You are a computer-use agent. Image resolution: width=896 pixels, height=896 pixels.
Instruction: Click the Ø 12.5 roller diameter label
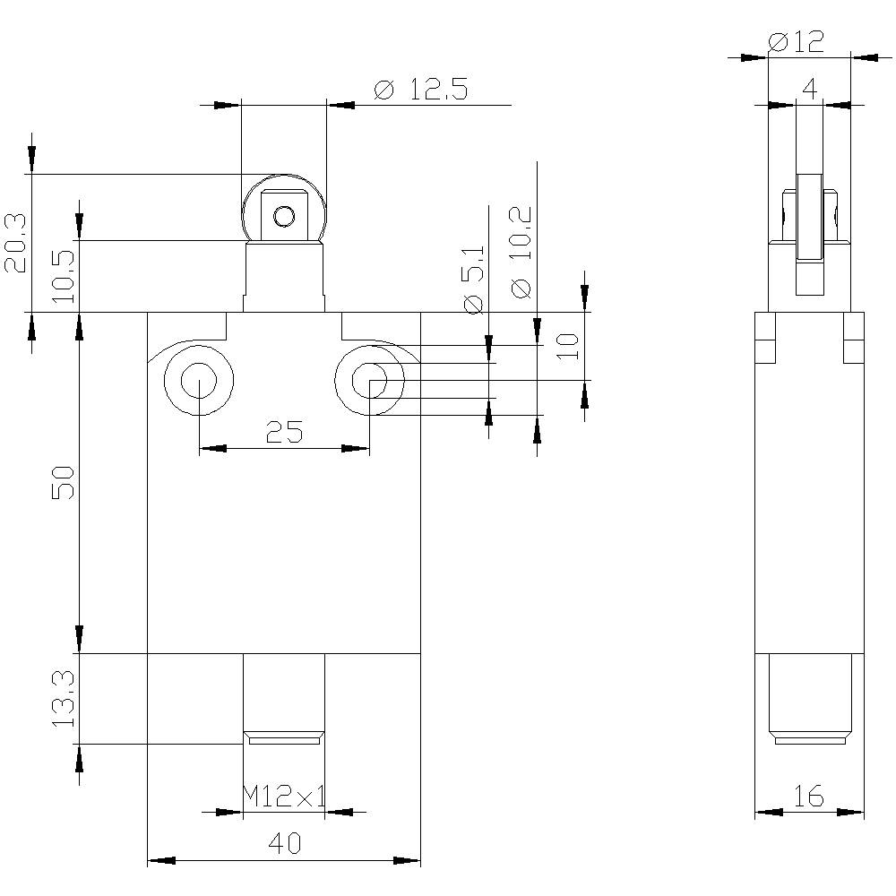pos(421,90)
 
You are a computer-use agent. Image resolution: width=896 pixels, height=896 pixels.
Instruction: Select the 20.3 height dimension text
pos(15,244)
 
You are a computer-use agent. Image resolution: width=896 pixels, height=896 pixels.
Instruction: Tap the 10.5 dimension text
pos(64,277)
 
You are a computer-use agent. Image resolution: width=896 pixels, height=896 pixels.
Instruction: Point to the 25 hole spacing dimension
pos(284,432)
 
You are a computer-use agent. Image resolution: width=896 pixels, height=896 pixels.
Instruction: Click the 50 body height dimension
pos(64,483)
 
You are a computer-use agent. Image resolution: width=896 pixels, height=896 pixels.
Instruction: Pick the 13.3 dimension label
pos(64,698)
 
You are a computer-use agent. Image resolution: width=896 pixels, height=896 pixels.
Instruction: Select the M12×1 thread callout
pos(284,796)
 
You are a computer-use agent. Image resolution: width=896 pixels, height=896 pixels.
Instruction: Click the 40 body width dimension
pos(284,843)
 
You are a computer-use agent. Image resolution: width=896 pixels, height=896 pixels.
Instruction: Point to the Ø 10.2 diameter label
pos(521,252)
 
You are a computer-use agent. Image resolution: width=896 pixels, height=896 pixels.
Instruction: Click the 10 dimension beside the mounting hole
pos(569,346)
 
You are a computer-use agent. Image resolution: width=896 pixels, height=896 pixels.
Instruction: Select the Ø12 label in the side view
pos(797,42)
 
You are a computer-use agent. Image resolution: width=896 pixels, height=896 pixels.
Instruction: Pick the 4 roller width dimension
pos(810,89)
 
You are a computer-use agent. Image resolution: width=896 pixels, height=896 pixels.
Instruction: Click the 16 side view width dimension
pos(809,796)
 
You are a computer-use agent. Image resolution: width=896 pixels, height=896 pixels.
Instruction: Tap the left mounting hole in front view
pos(199,380)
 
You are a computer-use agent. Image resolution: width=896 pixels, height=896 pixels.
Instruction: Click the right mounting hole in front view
pos(370,380)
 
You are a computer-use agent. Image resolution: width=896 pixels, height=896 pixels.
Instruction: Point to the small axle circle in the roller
pos(284,217)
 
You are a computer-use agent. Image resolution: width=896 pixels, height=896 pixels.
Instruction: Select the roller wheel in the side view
pos(810,234)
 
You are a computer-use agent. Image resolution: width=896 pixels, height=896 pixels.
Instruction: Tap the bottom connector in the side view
pos(810,699)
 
